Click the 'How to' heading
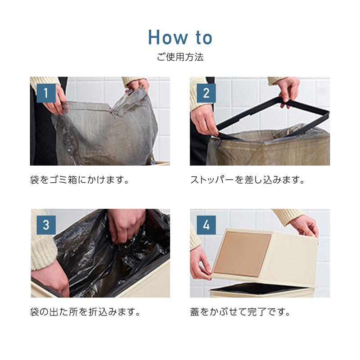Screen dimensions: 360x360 pos(180,37)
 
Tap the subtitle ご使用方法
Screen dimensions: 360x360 pos(180,57)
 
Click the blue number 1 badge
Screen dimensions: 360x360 pos(46,93)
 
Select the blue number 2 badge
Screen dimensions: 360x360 pos(206,93)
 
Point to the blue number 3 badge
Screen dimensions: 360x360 pos(46,225)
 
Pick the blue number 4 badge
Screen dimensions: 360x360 pos(206,225)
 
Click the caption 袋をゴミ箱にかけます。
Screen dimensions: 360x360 pos(80,180)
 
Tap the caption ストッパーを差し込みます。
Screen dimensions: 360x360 pos(247,180)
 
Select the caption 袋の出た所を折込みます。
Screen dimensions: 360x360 pos(85,312)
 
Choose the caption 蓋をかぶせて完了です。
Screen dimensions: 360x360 pos(240,312)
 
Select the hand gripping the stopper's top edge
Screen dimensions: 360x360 pos(289,91)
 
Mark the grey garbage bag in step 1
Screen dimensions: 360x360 pos(106,129)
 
